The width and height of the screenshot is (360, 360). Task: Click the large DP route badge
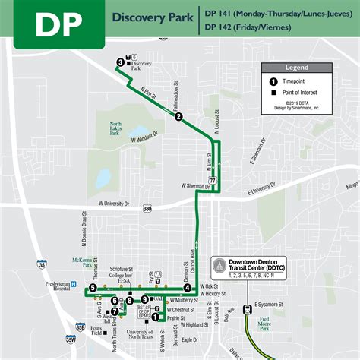(x=52, y=24)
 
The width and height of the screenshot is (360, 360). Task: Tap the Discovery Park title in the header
(x=150, y=15)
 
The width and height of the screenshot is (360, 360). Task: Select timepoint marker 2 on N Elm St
(x=178, y=117)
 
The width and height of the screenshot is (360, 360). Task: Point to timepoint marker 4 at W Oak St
(x=187, y=288)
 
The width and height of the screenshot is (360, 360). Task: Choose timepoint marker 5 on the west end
(x=92, y=289)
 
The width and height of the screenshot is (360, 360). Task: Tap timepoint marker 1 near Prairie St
(x=155, y=317)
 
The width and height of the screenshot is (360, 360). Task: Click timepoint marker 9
(x=144, y=300)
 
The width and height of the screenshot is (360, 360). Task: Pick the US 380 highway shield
(x=147, y=209)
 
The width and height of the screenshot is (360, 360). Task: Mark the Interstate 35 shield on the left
(x=42, y=265)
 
